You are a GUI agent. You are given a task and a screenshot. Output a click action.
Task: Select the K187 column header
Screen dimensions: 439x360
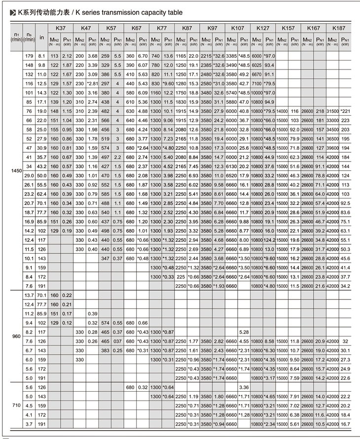[x=339, y=28]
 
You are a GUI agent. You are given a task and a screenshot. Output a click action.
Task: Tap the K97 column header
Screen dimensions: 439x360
[x=213, y=28]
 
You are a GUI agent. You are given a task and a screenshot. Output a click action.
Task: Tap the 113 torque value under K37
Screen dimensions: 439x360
[x=55, y=56]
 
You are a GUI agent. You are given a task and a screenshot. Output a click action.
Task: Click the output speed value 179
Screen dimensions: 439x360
[x=29, y=56]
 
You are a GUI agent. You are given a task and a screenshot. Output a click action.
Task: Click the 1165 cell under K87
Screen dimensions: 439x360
[x=180, y=56]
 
